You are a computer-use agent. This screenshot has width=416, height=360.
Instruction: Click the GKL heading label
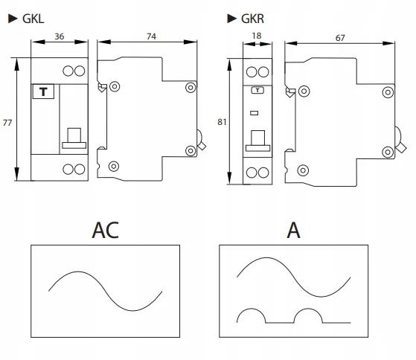(33, 19)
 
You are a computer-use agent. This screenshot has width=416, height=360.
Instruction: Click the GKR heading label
(252, 19)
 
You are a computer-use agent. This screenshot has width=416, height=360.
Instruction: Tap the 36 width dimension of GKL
(60, 36)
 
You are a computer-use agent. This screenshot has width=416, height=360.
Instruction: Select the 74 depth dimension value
(152, 36)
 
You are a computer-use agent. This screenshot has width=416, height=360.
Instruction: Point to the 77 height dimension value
(7, 123)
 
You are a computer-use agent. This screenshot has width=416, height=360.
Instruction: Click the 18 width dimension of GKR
(257, 36)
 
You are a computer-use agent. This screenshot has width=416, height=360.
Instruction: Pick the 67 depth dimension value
(340, 38)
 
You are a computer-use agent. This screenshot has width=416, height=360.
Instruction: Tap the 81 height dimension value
(222, 122)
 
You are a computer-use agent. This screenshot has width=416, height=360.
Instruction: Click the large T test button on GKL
(43, 91)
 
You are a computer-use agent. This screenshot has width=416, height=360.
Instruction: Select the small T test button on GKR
(257, 91)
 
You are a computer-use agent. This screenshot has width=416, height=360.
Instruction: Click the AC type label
(106, 230)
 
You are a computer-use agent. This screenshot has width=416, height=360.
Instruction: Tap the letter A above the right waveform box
(293, 230)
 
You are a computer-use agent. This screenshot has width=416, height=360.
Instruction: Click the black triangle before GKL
(13, 19)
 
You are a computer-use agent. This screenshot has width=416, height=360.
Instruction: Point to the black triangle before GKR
(232, 19)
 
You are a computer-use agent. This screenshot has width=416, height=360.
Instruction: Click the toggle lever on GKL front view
(74, 138)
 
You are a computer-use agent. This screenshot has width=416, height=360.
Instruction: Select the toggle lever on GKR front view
(258, 141)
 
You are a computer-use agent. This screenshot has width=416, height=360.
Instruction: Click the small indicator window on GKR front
(255, 113)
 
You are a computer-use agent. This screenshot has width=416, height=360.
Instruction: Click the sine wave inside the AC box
(106, 291)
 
